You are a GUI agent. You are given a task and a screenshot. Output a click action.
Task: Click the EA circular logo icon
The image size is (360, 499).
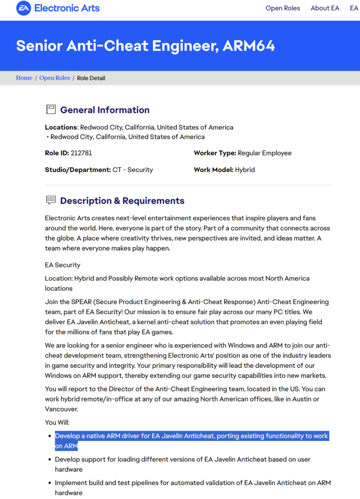click(x=23, y=8)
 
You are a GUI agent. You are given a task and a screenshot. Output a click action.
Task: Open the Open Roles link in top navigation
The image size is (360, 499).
click(x=283, y=8)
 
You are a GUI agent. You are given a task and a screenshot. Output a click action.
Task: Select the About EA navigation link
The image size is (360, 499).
click(x=325, y=8)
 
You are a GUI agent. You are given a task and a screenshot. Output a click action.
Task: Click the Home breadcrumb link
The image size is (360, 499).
click(x=24, y=78)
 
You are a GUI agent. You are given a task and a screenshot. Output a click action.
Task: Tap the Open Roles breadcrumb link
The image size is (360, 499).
click(x=54, y=78)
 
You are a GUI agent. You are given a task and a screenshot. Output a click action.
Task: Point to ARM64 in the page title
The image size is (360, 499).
click(x=249, y=46)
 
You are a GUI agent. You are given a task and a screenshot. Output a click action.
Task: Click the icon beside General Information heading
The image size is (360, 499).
click(x=51, y=110)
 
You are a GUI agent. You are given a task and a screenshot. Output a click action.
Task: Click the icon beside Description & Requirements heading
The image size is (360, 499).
click(x=51, y=200)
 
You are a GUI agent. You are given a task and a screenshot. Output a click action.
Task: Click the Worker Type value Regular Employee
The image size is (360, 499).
click(x=264, y=153)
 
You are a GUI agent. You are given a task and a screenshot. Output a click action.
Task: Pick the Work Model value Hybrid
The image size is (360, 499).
click(x=245, y=170)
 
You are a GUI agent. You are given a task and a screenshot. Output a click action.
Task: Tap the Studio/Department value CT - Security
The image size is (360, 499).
click(x=133, y=170)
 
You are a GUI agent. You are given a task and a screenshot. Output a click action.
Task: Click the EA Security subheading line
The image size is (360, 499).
click(x=62, y=265)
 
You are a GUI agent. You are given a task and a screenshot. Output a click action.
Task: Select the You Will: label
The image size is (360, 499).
click(x=57, y=423)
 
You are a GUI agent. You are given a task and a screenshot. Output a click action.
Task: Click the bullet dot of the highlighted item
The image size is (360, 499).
click(x=49, y=436)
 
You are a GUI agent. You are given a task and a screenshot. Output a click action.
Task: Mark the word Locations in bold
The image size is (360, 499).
click(x=61, y=127)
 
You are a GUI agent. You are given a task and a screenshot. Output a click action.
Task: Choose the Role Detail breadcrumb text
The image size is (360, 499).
click(x=91, y=78)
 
